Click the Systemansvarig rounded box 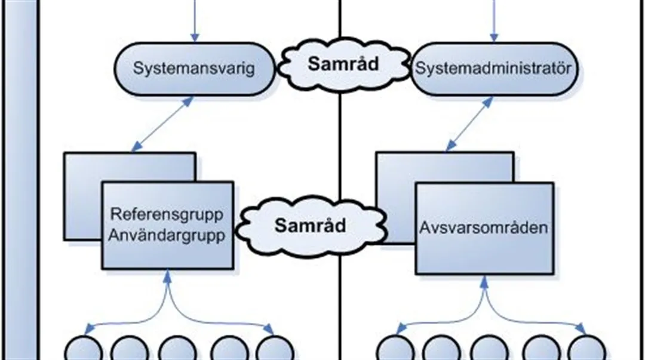(194, 67)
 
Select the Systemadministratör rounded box (493, 67)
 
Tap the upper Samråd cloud (343, 65)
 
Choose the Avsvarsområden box (484, 228)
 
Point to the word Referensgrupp (167, 214)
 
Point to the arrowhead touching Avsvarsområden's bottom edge (484, 279)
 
